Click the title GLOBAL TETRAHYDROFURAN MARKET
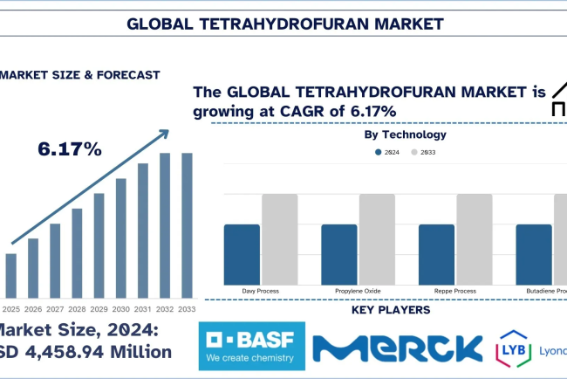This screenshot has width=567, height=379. tap(283, 23)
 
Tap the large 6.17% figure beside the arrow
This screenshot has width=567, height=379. tap(70, 149)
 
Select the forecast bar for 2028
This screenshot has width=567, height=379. tap(77, 253)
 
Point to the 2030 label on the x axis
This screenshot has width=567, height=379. tap(121, 308)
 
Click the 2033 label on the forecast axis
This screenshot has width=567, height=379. tap(187, 308)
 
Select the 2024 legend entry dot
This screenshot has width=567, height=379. tap(379, 152)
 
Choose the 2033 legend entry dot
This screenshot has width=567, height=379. tap(414, 152)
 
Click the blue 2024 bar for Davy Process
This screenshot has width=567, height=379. tap(242, 252)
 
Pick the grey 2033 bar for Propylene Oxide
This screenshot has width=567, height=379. tap(377, 238)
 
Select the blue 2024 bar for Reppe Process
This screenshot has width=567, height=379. tap(437, 252)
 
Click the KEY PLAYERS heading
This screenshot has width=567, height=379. tap(390, 310)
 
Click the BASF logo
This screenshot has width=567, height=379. tap(251, 345)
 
